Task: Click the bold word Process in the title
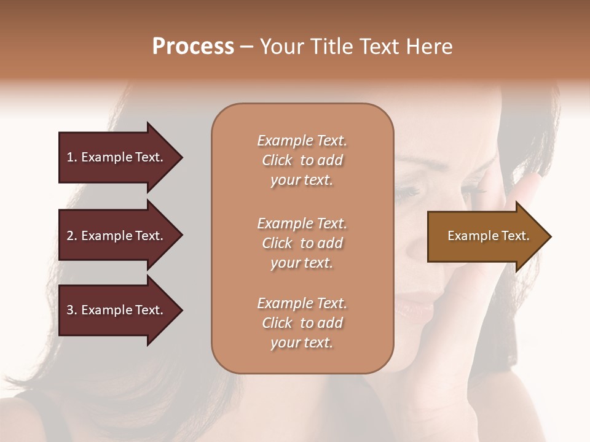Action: pos(193,47)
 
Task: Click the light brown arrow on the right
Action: pos(479,236)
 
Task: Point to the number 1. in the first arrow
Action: pos(72,157)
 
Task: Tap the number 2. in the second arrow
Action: pos(72,236)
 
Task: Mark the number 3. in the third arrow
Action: pos(72,310)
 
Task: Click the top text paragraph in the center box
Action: pos(302,160)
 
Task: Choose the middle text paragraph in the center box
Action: pos(302,243)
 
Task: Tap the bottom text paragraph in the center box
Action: pos(302,323)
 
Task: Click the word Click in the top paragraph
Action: pos(277,160)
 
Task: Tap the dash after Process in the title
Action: pos(246,47)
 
